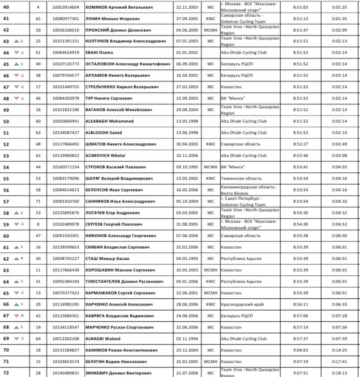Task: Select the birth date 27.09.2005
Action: (x=186, y=19)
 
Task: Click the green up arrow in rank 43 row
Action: (x=16, y=41)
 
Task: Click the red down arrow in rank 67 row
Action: (x=16, y=316)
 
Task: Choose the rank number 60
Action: (x=6, y=235)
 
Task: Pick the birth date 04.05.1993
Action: (x=186, y=258)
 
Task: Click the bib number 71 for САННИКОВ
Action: (x=38, y=201)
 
